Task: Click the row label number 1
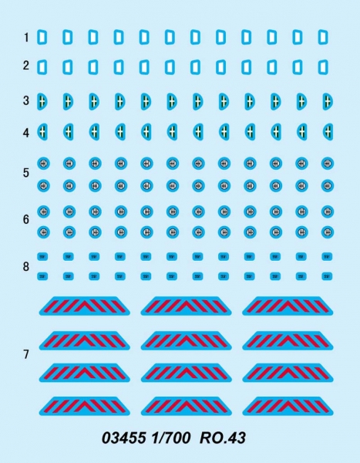(26, 38)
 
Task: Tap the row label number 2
(26, 66)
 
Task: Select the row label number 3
(26, 100)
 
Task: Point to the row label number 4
(26, 133)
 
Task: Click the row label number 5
(26, 173)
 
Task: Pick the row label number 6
(26, 219)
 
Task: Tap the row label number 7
(26, 354)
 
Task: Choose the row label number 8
(26, 266)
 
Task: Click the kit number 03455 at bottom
(124, 438)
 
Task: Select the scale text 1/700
(171, 438)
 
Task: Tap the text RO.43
(223, 438)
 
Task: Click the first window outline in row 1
(42, 37)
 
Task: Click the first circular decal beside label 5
(43, 164)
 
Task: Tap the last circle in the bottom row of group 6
(327, 232)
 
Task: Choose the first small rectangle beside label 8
(42, 257)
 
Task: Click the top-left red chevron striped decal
(84, 306)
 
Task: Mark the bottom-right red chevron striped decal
(288, 406)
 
